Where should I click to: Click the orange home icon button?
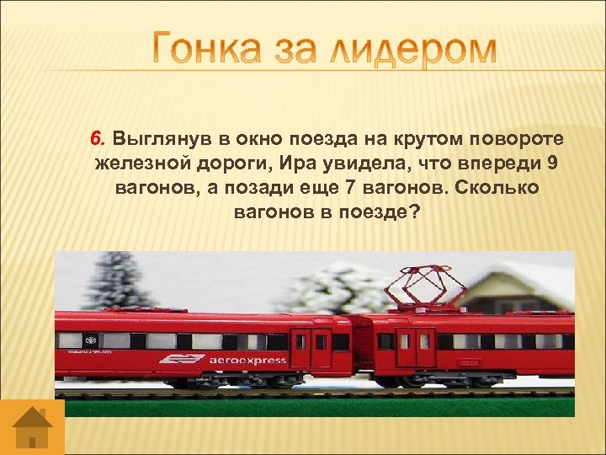[32, 426]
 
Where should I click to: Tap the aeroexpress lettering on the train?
[247, 361]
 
